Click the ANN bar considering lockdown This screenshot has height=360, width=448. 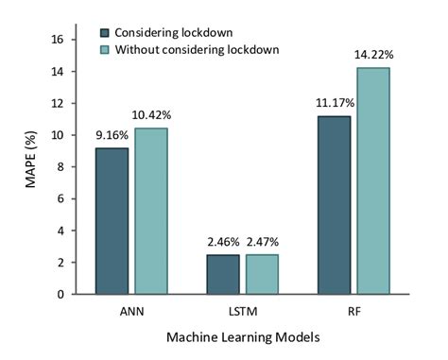tap(112, 221)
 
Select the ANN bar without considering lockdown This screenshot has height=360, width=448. tap(150, 211)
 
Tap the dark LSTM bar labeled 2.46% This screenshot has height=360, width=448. tap(223, 274)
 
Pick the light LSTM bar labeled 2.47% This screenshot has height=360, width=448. tap(261, 274)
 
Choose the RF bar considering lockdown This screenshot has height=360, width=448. tap(334, 205)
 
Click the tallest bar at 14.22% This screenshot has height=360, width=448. tap(372, 180)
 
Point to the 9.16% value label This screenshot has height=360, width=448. tap(112, 135)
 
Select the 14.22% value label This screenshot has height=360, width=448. tap(373, 55)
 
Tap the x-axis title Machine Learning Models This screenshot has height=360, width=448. tap(241, 336)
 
